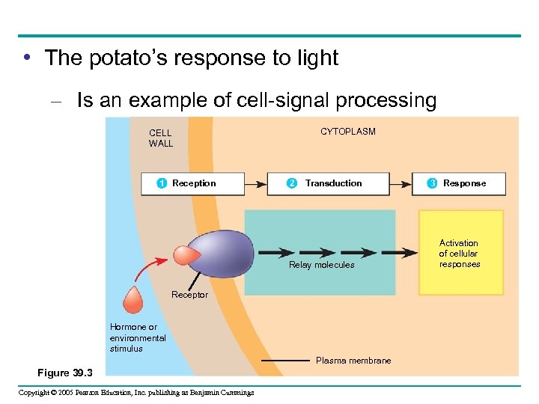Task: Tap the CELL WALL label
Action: point(160,138)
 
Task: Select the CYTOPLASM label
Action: point(348,132)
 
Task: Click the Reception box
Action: point(193,183)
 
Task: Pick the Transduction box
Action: point(328,183)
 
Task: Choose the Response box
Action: point(458,183)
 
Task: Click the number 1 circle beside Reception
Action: point(161,183)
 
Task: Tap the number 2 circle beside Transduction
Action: point(292,183)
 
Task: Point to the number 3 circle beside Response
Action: point(432,183)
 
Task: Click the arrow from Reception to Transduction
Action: point(255,183)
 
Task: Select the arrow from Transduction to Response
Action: point(401,183)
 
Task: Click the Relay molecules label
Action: point(322,265)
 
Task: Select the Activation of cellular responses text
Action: point(459,254)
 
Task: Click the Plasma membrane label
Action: point(353,361)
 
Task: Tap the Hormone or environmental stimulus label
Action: point(137,338)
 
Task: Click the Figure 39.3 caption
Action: point(64,373)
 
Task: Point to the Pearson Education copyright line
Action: point(135,393)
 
